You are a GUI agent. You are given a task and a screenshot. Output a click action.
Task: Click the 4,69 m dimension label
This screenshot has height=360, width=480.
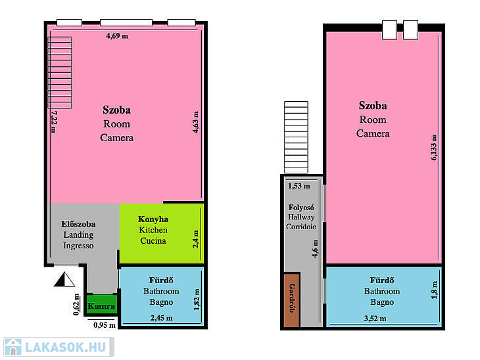coord(117,35)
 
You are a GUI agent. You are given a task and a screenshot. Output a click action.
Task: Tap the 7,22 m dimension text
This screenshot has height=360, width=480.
coord(53,122)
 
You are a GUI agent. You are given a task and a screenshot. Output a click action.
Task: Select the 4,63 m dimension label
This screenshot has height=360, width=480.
coord(195,122)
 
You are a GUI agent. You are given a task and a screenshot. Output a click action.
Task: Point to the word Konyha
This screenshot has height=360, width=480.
coord(153,219)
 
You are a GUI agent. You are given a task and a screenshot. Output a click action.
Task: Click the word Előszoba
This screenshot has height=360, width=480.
coord(78,224)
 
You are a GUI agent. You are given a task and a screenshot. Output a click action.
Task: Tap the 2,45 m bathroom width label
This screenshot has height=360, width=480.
coord(161,318)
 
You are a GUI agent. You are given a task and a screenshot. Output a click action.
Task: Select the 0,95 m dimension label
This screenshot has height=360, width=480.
coord(105,325)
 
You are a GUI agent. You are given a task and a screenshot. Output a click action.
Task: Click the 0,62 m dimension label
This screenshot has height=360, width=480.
coord(76,304)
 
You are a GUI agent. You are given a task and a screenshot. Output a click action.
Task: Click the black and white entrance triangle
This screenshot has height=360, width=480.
coord(64,279)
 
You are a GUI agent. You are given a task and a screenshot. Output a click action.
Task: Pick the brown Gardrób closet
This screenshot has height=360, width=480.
coord(291,300)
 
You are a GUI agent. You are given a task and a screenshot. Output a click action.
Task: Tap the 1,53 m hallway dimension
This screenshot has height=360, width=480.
coord(299,186)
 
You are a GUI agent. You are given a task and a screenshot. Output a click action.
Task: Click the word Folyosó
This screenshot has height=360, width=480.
coord(301,208)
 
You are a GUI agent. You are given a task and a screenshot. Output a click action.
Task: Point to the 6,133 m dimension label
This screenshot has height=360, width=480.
coord(434,147)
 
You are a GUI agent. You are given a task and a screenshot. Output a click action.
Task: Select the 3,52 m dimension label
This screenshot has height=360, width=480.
coord(375,319)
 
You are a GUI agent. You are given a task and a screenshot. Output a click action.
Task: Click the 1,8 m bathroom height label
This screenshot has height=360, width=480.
coord(435,290)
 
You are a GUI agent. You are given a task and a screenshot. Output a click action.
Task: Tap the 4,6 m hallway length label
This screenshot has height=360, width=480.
coord(315,248)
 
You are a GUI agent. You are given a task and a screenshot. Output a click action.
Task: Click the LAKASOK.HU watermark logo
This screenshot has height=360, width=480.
coord(59,347)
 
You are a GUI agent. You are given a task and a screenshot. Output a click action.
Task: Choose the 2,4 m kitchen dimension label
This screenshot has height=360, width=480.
coord(195,239)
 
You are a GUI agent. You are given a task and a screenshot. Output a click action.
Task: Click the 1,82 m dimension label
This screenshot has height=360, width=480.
coord(197,300)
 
